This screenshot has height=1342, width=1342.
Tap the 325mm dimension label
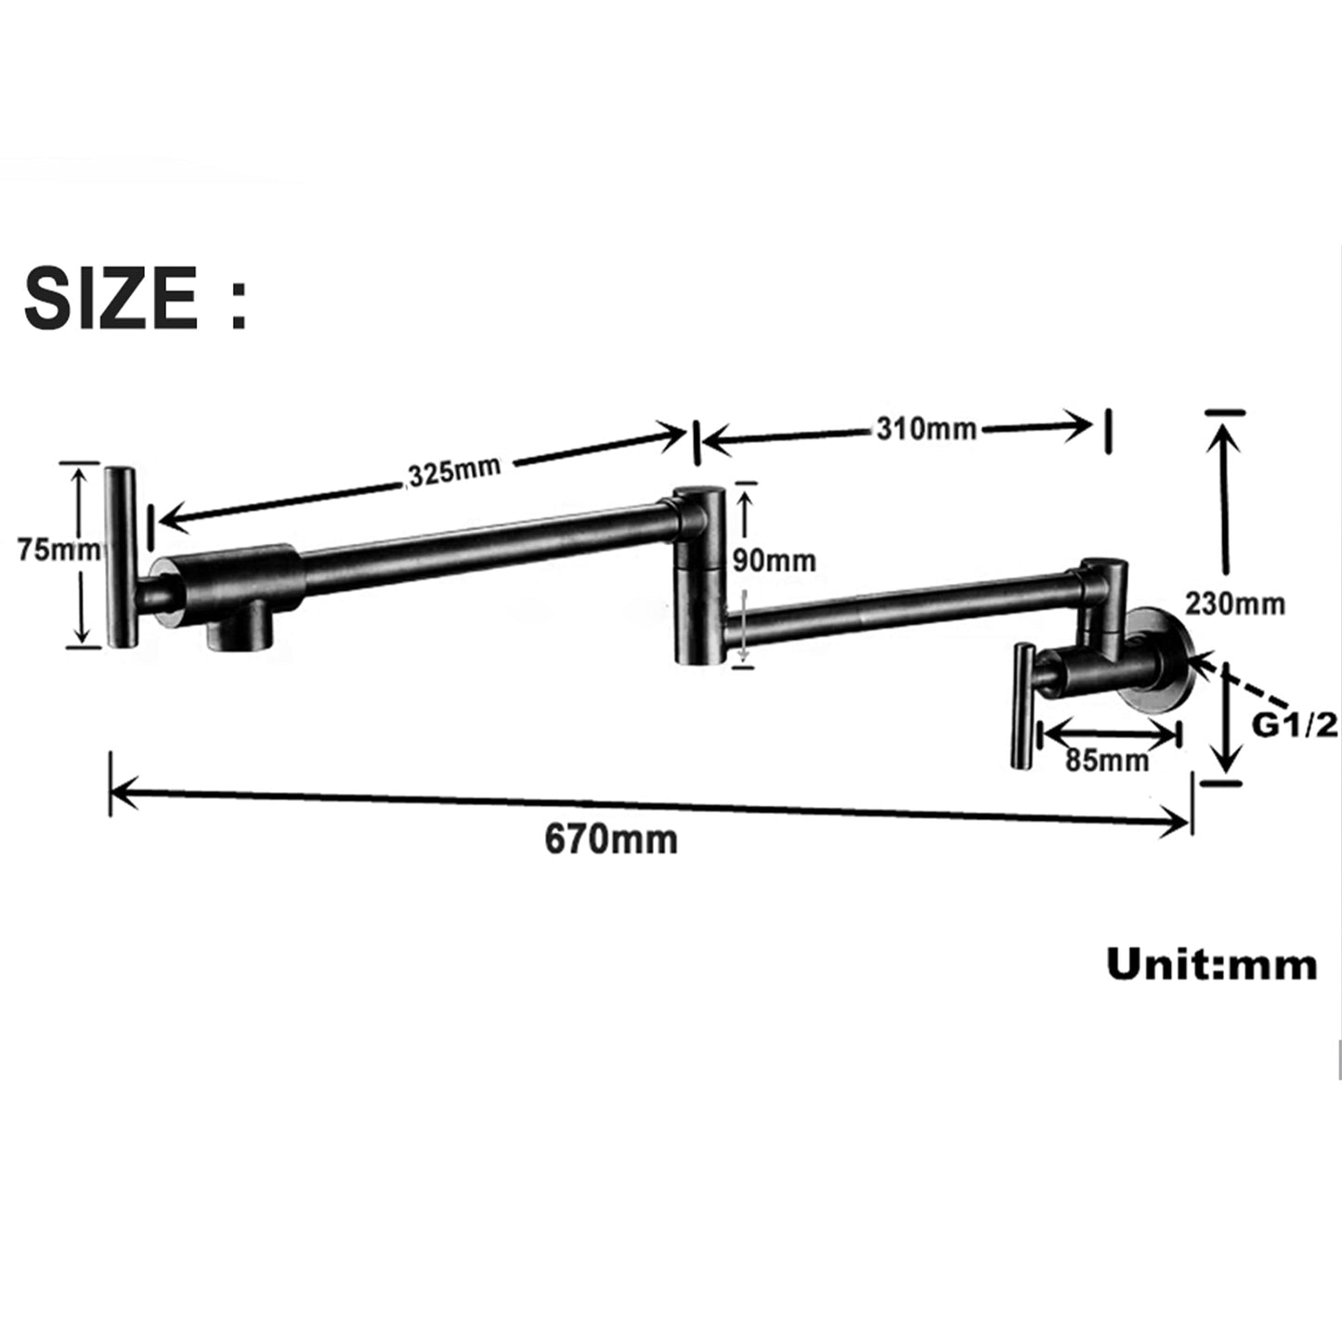[x=454, y=471]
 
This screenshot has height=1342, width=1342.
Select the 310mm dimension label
[x=926, y=428]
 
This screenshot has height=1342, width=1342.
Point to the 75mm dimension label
[x=58, y=550]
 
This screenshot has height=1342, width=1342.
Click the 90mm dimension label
[x=774, y=560]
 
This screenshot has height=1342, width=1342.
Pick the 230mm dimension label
[x=1234, y=604]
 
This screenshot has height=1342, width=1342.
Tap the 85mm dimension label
[x=1107, y=760]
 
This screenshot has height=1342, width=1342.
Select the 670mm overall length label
[x=610, y=840]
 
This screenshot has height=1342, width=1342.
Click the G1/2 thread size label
[x=1294, y=724]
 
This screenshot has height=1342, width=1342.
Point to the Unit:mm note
[x=1211, y=965]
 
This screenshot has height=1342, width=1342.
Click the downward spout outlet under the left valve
[x=240, y=633]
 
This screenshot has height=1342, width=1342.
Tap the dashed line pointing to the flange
[x=1244, y=684]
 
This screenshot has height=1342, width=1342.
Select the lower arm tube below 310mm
[x=901, y=609]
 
